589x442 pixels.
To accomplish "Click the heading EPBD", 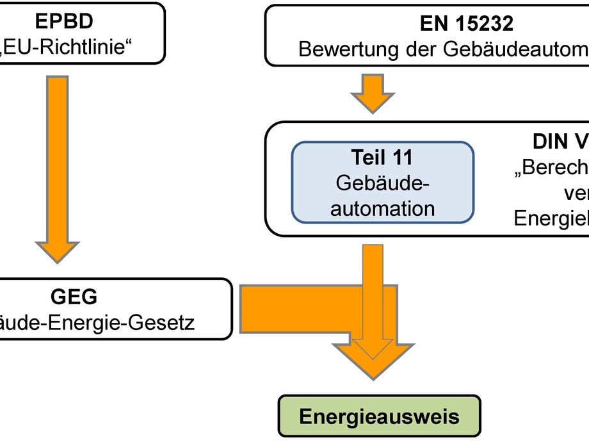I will pyautogui.click(x=64, y=20).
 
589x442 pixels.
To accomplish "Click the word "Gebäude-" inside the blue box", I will pyautogui.click(x=382, y=183).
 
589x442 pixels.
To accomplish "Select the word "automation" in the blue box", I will pyautogui.click(x=382, y=208).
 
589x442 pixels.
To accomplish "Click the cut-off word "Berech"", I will pyautogui.click(x=552, y=168).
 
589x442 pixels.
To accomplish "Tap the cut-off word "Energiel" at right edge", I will pyautogui.click(x=551, y=218).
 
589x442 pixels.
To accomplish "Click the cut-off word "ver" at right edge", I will pyautogui.click(x=576, y=193).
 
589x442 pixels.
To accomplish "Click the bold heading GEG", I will pyautogui.click(x=74, y=297).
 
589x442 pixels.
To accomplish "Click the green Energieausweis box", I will pyautogui.click(x=379, y=417).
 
